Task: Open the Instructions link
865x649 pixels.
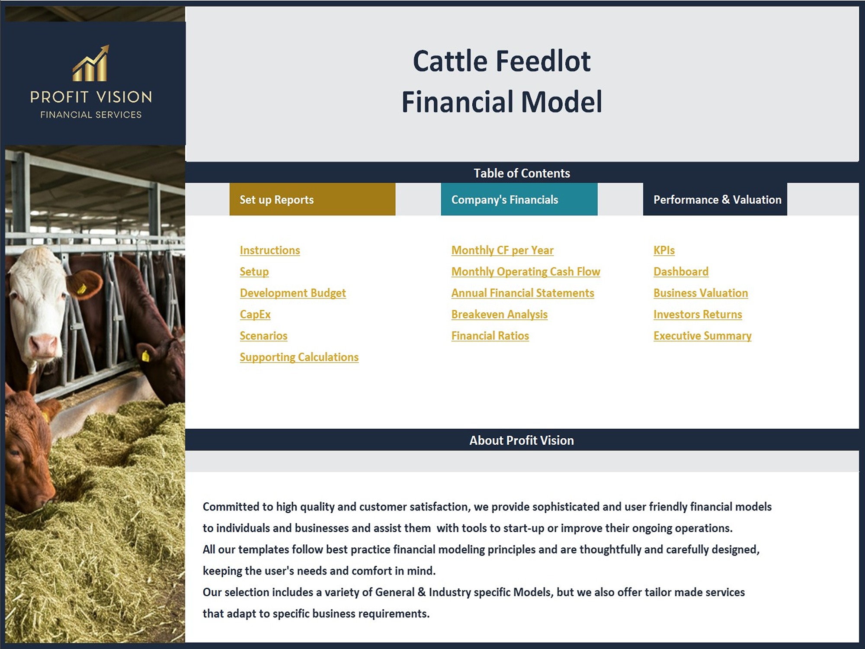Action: tap(270, 251)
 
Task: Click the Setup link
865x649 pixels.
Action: tap(254, 272)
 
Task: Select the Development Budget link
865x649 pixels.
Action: tap(293, 293)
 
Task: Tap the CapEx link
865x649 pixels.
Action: tap(255, 315)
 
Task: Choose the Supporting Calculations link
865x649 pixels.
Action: tap(299, 357)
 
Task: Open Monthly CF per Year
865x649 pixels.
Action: tap(503, 251)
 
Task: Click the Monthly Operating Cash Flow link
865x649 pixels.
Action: tap(526, 272)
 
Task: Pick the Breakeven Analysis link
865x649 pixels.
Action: tap(500, 315)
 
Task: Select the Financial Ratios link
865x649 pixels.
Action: tap(490, 336)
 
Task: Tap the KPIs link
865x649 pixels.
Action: tap(664, 251)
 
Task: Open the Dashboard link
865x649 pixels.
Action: tap(681, 272)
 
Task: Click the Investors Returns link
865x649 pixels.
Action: tap(698, 315)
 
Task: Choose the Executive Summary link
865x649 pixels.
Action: tap(702, 336)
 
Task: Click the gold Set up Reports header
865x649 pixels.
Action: tap(312, 199)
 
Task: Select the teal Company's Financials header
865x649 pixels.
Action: tap(519, 199)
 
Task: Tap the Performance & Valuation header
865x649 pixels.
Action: tap(715, 199)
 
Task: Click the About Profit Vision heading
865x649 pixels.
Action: tap(522, 440)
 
